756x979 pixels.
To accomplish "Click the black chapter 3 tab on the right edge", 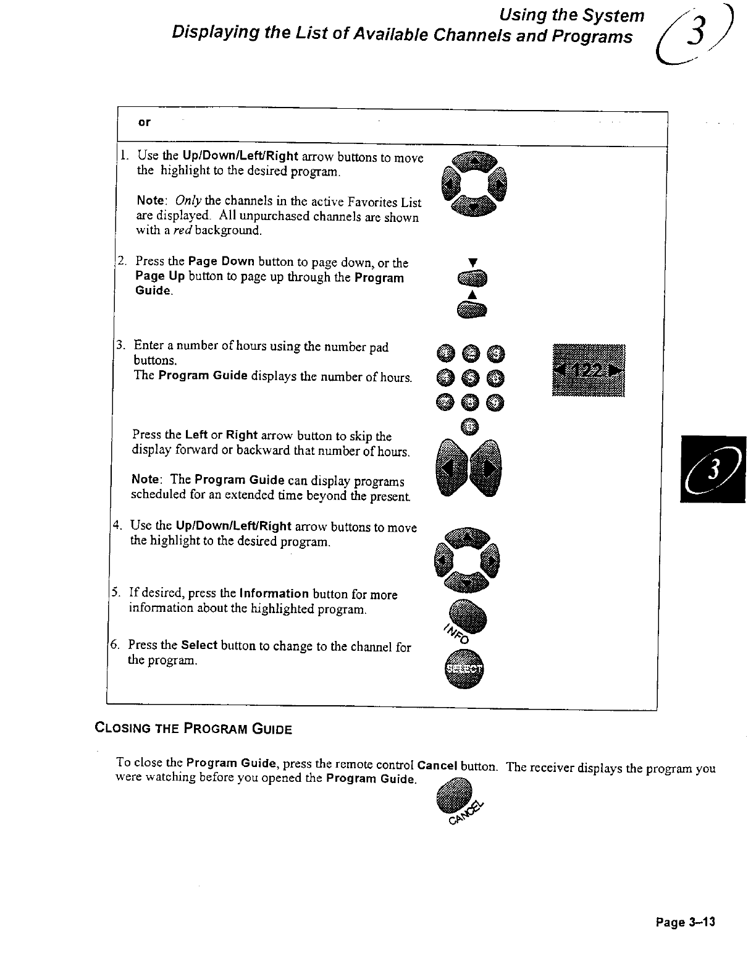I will [x=713, y=469].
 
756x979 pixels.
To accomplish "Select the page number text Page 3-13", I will [x=685, y=922].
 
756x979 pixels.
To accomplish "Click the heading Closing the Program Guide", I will [x=193, y=728].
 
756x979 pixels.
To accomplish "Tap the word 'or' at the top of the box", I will [x=144, y=123].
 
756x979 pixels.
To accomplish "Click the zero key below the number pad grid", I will [x=471, y=426].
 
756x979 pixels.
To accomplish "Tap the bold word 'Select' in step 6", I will [x=199, y=645].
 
